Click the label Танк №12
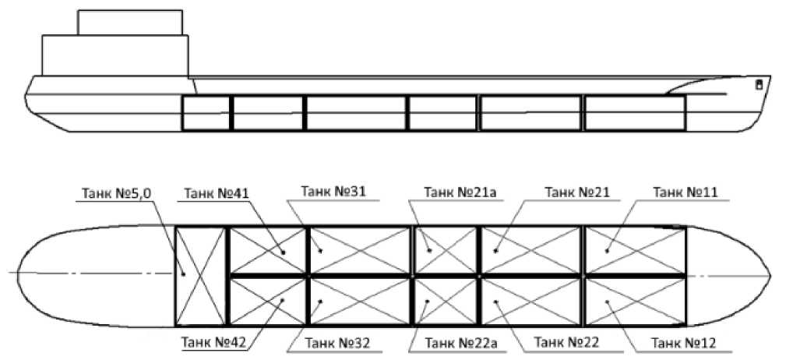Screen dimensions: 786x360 click(683, 343)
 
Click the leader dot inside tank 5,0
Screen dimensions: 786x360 click(184, 274)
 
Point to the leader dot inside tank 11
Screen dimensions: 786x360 click(607, 250)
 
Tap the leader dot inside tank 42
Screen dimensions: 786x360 click(284, 301)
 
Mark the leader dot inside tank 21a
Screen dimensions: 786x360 click(428, 250)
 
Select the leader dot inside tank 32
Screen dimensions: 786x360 click(320, 302)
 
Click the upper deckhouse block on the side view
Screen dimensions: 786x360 click(130, 23)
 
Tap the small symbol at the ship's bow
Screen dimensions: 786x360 click(758, 85)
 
